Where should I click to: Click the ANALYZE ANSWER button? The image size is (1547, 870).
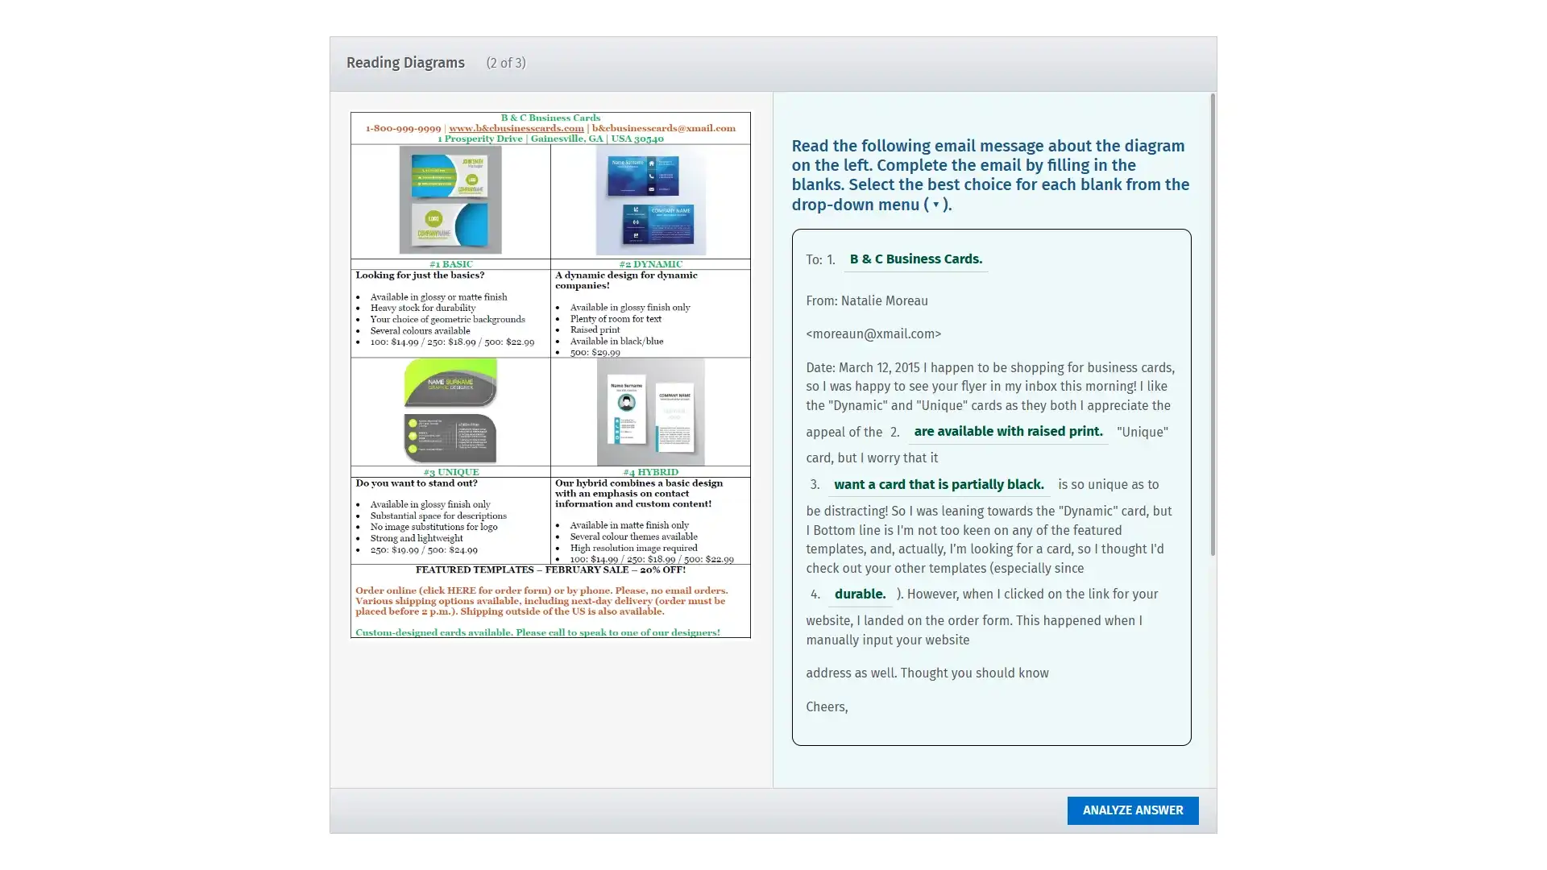click(x=1132, y=810)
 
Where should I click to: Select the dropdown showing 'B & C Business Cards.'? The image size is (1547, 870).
click(x=915, y=259)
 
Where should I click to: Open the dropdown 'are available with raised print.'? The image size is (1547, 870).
click(x=1008, y=432)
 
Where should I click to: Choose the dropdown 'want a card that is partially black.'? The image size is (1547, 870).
click(x=939, y=485)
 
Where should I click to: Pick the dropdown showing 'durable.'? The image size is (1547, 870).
click(x=860, y=594)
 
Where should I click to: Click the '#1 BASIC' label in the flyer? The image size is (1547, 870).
click(x=450, y=264)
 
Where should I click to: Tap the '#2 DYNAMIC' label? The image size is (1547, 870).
click(x=650, y=264)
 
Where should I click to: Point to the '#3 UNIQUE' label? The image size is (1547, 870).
click(x=450, y=472)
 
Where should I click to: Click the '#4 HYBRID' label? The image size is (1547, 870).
click(x=650, y=472)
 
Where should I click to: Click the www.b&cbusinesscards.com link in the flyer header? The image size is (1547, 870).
click(x=516, y=128)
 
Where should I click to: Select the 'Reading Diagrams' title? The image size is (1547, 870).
click(x=405, y=63)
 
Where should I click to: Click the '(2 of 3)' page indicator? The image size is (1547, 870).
click(x=505, y=63)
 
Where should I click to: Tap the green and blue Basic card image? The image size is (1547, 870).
click(x=450, y=201)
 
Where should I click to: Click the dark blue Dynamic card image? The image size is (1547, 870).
click(x=650, y=201)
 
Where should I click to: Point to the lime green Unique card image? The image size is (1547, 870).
click(x=450, y=412)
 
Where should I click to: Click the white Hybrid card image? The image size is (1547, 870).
click(x=650, y=412)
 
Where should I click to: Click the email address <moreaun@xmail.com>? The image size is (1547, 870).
click(x=873, y=334)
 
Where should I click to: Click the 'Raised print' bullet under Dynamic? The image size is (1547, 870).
click(x=595, y=329)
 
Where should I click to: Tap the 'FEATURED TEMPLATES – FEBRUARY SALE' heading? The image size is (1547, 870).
click(x=550, y=570)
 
